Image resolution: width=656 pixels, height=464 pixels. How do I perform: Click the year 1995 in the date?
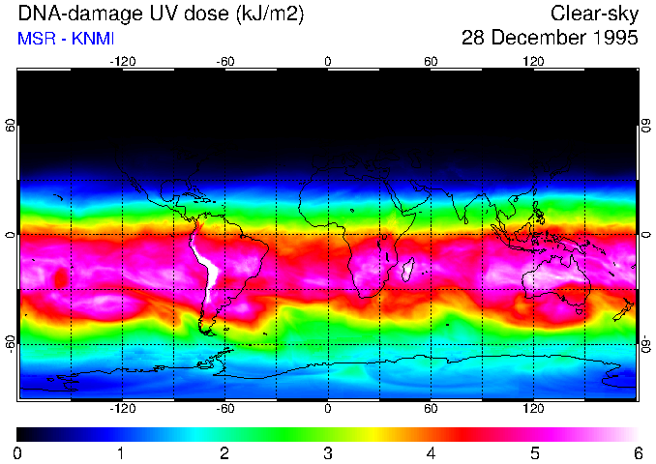tap(611, 39)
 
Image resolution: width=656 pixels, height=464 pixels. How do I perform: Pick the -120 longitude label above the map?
tap(122, 61)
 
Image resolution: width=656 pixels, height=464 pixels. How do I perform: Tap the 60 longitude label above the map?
tap(431, 61)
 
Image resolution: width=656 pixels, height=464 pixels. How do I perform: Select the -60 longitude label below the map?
tap(224, 408)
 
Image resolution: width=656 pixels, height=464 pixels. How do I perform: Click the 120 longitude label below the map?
tap(533, 408)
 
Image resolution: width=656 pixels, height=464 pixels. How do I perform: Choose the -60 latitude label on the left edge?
tap(11, 343)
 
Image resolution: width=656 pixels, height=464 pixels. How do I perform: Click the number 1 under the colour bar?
tap(120, 452)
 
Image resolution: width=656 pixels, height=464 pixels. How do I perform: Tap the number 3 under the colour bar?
tap(327, 452)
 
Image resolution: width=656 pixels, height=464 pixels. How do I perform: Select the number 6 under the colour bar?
tap(637, 452)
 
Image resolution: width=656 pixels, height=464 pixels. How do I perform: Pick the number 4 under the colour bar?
tap(431, 452)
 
